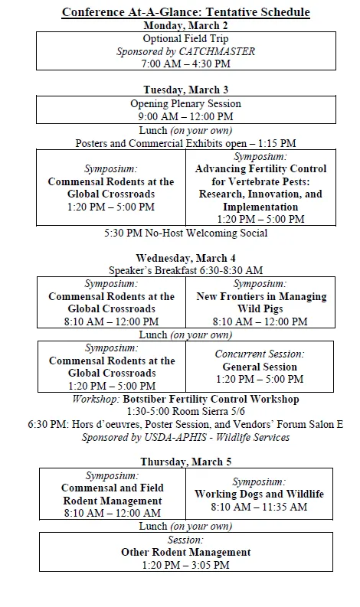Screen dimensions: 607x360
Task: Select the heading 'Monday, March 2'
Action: (x=187, y=25)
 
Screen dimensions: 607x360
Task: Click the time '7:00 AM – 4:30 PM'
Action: (x=187, y=64)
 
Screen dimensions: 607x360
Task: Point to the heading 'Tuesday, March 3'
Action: (x=186, y=90)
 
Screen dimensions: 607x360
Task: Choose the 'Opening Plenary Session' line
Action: (x=186, y=103)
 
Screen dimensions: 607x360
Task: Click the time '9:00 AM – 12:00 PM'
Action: (x=186, y=116)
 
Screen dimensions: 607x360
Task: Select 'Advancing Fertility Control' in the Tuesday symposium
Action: (x=260, y=168)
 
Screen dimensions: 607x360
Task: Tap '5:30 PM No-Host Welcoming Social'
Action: (x=186, y=233)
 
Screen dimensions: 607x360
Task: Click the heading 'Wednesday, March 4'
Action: (x=186, y=258)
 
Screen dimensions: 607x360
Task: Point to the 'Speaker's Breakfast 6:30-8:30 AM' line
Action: (x=186, y=270)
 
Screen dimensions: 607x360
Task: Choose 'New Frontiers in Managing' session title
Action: (x=261, y=296)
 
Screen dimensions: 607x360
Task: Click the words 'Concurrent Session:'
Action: (x=260, y=354)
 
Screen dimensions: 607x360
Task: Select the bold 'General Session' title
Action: (x=260, y=367)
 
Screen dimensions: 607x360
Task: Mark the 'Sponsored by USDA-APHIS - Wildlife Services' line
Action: (x=186, y=437)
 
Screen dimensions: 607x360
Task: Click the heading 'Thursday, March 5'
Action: (x=186, y=462)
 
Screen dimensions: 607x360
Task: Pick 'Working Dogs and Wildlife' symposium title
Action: (x=260, y=494)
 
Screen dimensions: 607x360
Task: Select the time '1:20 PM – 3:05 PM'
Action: (x=186, y=565)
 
